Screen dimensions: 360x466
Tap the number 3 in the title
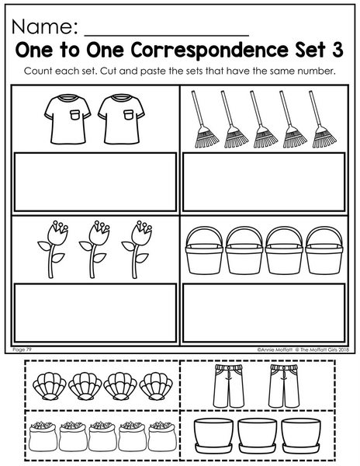337,50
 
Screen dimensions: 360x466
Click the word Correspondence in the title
209,50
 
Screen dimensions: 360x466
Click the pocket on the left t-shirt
75,115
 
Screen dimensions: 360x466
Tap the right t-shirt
121,120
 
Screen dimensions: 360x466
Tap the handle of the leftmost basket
204,236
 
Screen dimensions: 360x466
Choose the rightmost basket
324,250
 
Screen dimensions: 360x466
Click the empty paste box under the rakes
264,182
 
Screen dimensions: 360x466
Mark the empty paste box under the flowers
95,313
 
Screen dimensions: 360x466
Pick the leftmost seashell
50,386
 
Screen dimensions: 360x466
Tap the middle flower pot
258,435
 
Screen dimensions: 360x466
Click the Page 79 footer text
22,349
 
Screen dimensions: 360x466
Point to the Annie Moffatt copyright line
303,350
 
